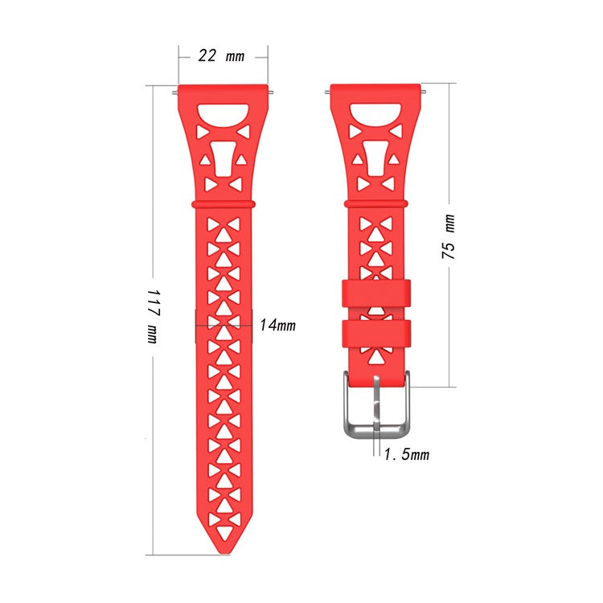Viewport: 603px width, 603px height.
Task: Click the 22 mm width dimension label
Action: click(x=222, y=56)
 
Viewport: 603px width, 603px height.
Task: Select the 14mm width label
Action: click(x=277, y=326)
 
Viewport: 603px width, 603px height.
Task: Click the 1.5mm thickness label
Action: click(x=406, y=455)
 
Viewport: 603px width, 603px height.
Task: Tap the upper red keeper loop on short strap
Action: click(x=375, y=293)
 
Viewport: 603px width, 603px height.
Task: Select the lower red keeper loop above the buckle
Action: click(x=375, y=332)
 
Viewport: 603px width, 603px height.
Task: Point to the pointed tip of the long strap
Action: click(x=223, y=548)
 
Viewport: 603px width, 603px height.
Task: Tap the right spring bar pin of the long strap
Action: click(x=273, y=92)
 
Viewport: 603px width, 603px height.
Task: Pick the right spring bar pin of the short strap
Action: click(x=424, y=92)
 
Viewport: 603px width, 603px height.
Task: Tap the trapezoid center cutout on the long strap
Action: click(x=223, y=158)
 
